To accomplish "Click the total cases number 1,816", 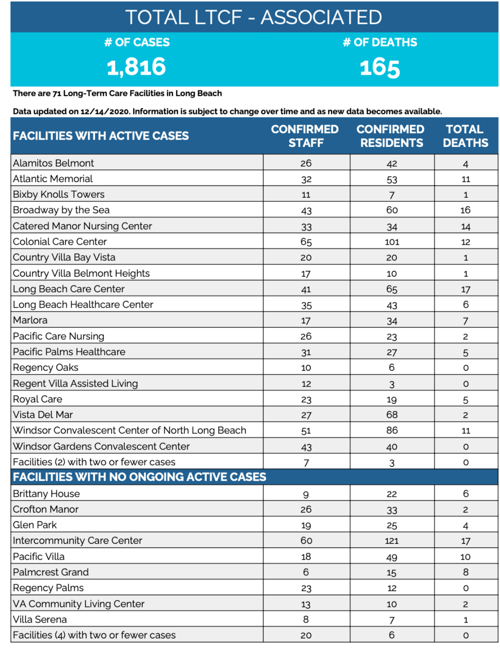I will [x=136, y=67].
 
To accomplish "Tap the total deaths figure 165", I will [x=380, y=68].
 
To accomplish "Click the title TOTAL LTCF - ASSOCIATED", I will [x=254, y=18].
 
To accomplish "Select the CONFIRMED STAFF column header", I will [x=305, y=136].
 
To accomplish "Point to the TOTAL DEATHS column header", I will [x=465, y=136].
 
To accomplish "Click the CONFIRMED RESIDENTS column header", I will [x=391, y=136].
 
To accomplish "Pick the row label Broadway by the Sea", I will [x=61, y=210].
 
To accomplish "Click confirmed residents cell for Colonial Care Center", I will [x=392, y=242].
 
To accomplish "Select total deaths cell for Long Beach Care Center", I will [x=465, y=289].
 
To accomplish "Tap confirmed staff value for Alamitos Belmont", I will [x=306, y=163].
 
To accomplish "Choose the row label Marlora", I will [x=30, y=320].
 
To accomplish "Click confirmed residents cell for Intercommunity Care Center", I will [x=392, y=541].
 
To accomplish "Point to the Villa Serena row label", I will [x=40, y=619].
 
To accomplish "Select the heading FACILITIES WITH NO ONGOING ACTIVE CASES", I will [x=140, y=477].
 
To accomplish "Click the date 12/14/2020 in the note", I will [x=105, y=111].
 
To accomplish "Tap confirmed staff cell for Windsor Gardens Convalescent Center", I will [x=306, y=447].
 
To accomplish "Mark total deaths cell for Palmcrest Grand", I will [x=465, y=572].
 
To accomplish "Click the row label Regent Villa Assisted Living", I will [x=75, y=383].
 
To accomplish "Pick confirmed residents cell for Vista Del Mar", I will [x=392, y=415].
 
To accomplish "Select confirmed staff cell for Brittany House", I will [x=306, y=494].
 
